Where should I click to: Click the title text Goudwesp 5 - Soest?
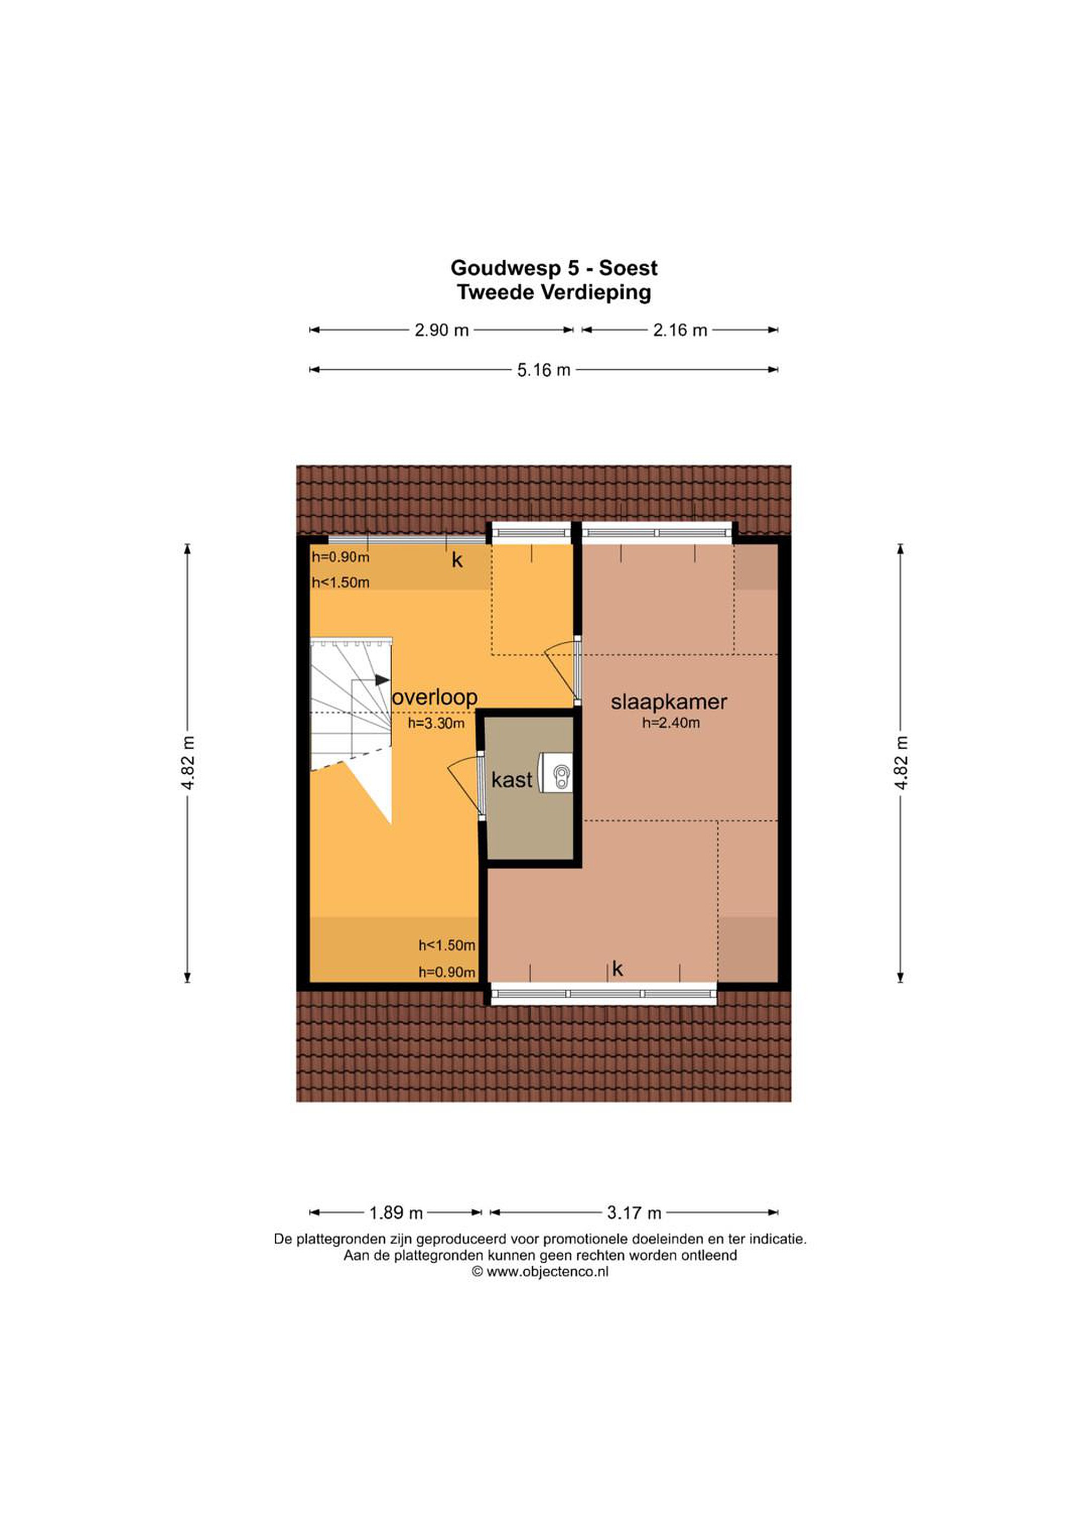(x=554, y=268)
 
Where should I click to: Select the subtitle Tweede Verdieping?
(x=554, y=292)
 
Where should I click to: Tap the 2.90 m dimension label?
(x=441, y=330)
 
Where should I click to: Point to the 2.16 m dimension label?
(x=680, y=330)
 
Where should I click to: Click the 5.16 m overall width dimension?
(x=543, y=369)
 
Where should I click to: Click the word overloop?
(x=434, y=697)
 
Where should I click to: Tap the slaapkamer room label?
(x=669, y=702)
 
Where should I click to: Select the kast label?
(x=511, y=780)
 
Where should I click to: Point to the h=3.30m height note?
(x=436, y=722)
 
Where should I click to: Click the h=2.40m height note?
(x=670, y=722)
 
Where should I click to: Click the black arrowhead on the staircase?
(x=382, y=680)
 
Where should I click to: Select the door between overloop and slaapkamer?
(x=577, y=670)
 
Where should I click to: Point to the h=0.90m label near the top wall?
(x=340, y=557)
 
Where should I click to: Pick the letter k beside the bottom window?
(x=617, y=969)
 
